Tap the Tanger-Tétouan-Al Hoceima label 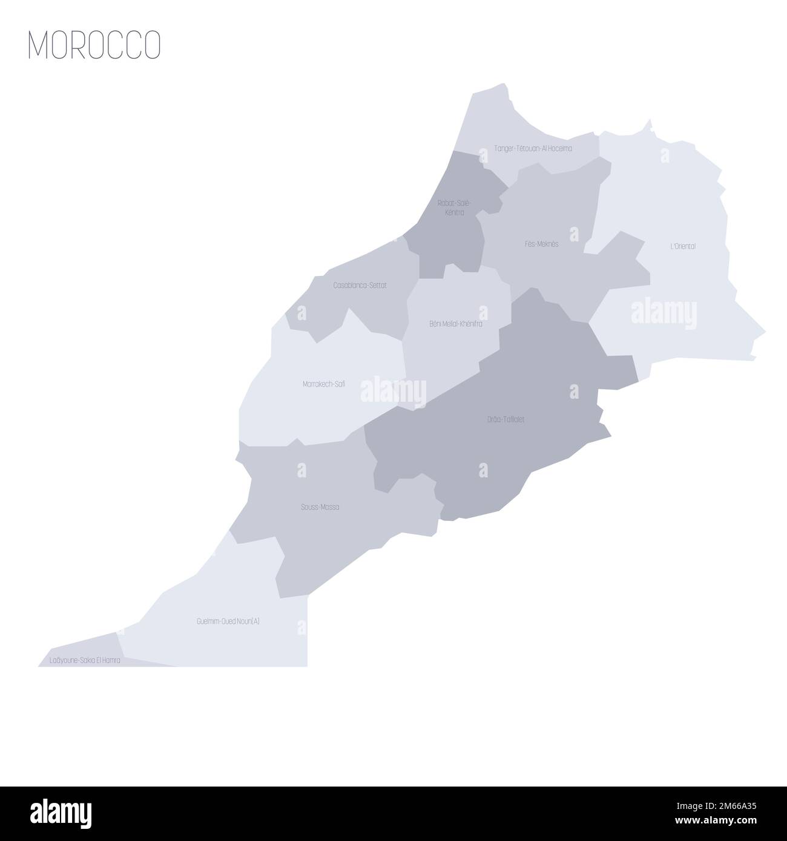pos(533,148)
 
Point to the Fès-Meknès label pos(541,244)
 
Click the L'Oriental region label pos(682,246)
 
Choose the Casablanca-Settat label pos(360,284)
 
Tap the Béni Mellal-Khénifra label pos(456,324)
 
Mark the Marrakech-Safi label pos(324,384)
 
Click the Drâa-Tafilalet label pos(505,418)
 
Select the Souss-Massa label pos(320,507)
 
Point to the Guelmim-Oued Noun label pos(220,621)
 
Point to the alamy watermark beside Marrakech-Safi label pos(393,390)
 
